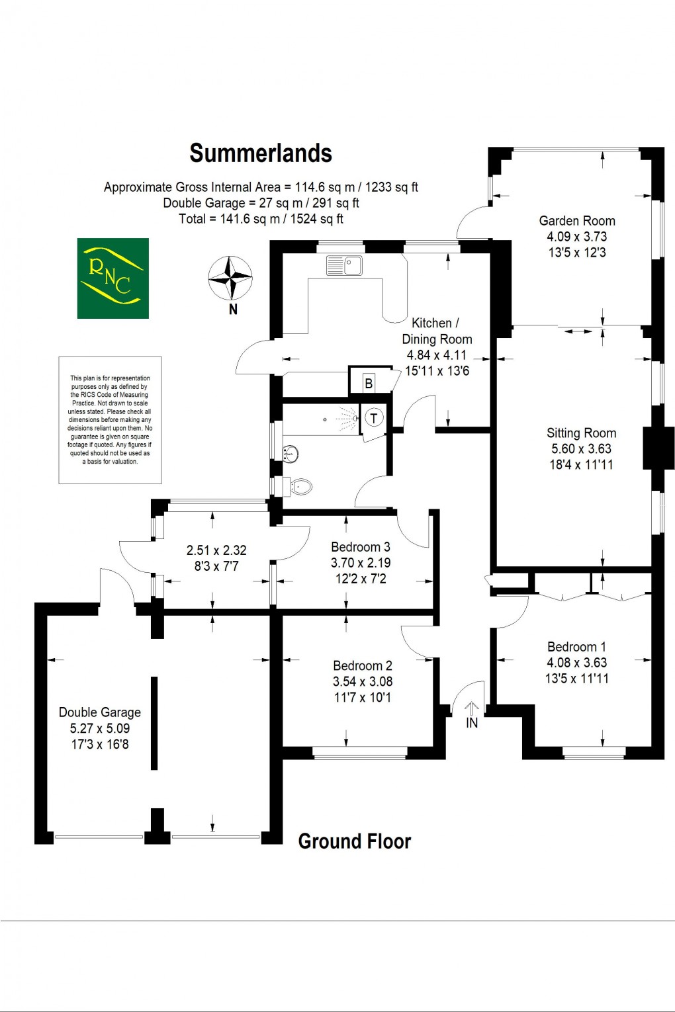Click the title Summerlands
[261, 153]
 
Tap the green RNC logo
[112, 278]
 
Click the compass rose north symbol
[230, 278]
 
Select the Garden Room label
[577, 221]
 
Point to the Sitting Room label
[581, 433]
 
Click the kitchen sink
[344, 266]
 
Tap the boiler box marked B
[369, 383]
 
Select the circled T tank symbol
[374, 417]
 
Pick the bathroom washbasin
[290, 454]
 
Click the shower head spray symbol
[348, 419]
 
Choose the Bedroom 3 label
[361, 547]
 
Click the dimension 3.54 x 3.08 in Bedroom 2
[363, 681]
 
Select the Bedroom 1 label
[576, 647]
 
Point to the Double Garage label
[100, 712]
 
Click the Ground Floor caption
[354, 841]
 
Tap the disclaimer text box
[110, 420]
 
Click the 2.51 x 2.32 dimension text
[216, 550]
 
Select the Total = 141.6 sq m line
[261, 219]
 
